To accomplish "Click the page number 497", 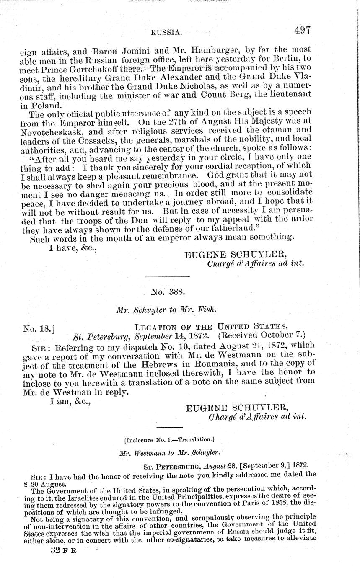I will (302, 30).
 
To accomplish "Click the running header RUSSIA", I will (166, 32).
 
